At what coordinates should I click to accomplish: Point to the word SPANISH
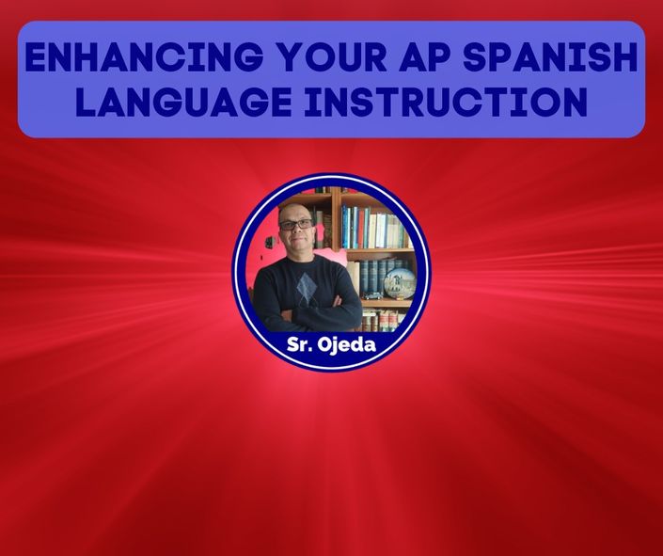point(550,56)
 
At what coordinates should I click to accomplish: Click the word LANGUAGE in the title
point(183,102)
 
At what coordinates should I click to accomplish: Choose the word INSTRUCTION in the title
point(446,102)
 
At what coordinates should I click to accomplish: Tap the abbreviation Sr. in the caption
point(299,344)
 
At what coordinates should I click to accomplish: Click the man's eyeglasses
point(296,224)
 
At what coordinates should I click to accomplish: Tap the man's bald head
point(292,211)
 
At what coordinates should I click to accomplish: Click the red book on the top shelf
point(361,229)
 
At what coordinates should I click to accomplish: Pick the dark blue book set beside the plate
point(372,278)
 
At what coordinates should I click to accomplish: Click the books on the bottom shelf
point(381,320)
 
